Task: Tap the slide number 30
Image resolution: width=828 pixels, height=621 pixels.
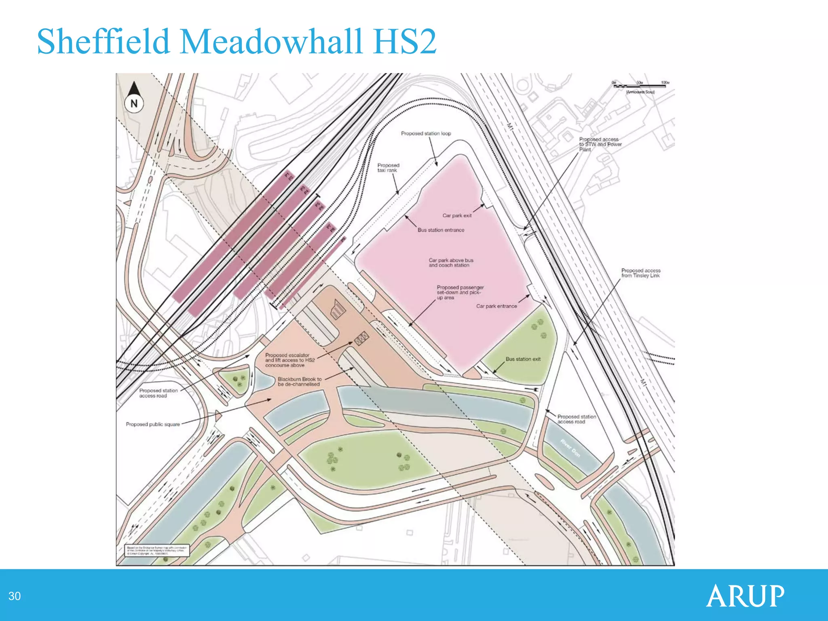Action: coord(15,596)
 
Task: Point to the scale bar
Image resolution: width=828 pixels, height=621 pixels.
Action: coord(641,86)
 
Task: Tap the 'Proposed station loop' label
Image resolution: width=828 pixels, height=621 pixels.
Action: coord(426,133)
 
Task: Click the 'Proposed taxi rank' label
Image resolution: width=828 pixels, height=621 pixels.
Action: coord(388,168)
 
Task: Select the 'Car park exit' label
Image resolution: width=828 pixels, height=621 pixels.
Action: coord(457,215)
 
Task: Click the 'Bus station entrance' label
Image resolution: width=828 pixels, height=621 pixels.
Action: coord(441,230)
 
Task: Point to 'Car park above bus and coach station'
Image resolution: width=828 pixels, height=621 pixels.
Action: coord(451,263)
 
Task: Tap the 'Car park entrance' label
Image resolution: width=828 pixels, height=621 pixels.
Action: coord(496,306)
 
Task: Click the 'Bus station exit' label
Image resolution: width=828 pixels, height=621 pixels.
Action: coord(523,359)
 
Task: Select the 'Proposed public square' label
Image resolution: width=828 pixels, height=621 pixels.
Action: coord(153,424)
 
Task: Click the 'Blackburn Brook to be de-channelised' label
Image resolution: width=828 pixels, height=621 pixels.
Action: coord(300,382)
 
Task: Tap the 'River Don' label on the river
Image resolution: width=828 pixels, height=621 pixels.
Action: coord(570,448)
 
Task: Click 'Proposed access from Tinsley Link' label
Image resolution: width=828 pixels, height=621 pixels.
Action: coord(641,273)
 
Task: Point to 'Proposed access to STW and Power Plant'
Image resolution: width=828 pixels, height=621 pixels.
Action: coord(600,144)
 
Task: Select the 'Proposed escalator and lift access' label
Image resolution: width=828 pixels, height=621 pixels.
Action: coord(289,360)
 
